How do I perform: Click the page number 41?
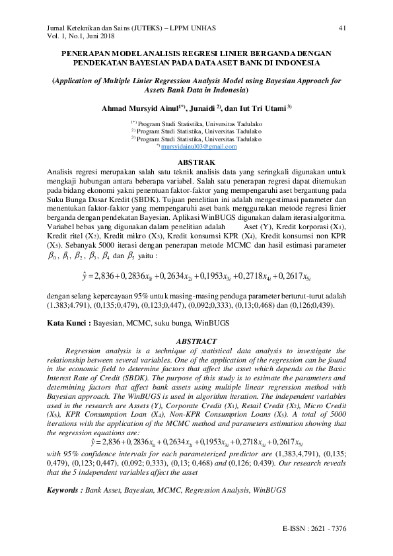click(341, 28)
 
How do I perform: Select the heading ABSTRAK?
click(197, 162)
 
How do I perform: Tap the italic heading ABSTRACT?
click(196, 341)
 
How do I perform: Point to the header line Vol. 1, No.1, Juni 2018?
click(86, 36)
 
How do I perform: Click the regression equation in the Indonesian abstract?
click(197, 275)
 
